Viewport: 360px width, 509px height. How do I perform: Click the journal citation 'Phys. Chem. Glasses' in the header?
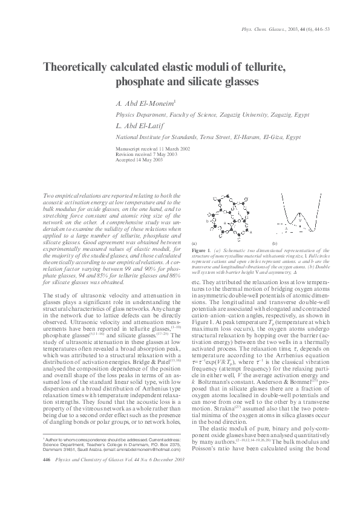tap(260, 29)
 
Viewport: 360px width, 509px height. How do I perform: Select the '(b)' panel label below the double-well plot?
tap(275, 242)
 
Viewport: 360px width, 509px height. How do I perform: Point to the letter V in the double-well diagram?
tap(299, 221)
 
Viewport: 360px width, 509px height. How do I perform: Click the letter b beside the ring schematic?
tap(208, 222)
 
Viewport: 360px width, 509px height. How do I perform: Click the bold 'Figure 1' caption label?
tap(200, 249)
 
